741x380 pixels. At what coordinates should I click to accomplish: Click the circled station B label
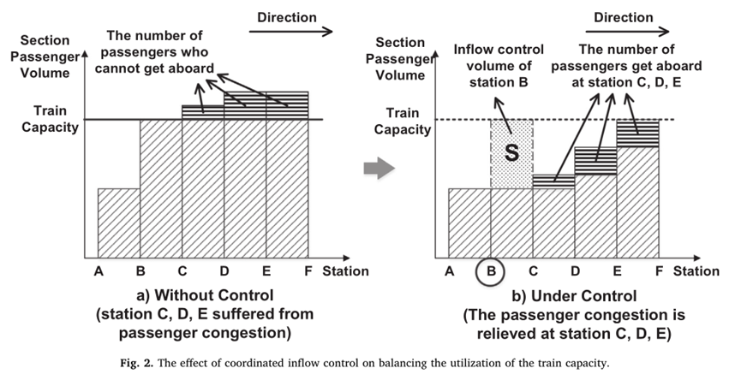pos(491,271)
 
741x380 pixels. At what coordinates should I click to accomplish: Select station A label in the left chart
pos(99,271)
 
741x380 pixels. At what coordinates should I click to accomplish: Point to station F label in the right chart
pos(658,271)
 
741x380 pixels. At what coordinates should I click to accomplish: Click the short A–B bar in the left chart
pos(119,222)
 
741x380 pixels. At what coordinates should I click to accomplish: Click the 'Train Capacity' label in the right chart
pos(401,120)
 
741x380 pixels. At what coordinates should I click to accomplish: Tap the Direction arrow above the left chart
pos(290,31)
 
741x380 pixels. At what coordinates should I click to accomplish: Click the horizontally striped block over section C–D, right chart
pos(553,181)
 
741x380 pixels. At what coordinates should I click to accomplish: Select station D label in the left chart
pos(224,271)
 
